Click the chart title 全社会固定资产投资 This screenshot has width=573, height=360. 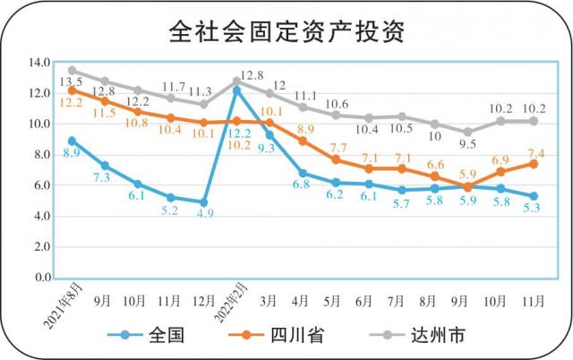click(286, 31)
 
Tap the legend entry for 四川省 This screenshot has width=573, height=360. click(296, 335)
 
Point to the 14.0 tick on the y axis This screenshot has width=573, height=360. click(39, 63)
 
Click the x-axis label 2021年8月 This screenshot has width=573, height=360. click(56, 303)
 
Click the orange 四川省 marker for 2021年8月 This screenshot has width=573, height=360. click(72, 90)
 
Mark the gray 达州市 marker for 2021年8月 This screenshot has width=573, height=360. click(72, 70)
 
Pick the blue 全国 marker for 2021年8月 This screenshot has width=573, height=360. click(72, 141)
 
